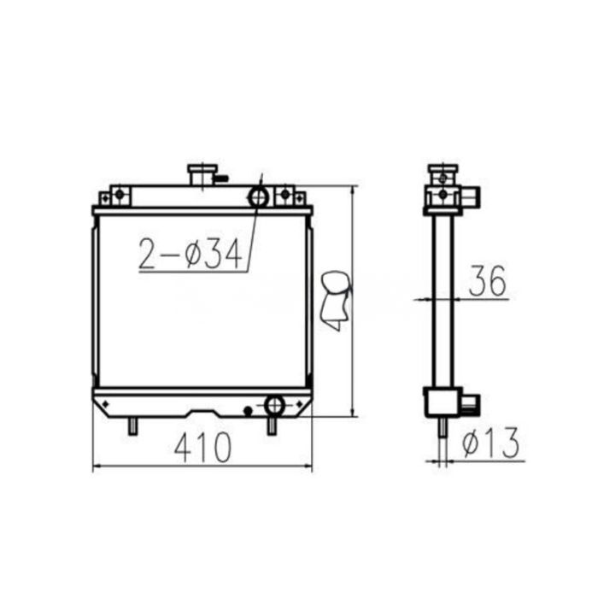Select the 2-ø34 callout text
[191, 253]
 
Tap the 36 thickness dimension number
[487, 279]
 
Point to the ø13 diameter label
[490, 442]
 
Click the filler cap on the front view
[202, 173]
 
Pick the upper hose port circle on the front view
[258, 197]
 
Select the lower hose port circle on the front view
[275, 405]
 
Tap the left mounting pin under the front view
[132, 425]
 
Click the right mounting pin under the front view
[272, 425]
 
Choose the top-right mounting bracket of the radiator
[290, 197]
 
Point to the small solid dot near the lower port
[248, 411]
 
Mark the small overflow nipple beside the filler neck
[223, 179]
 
